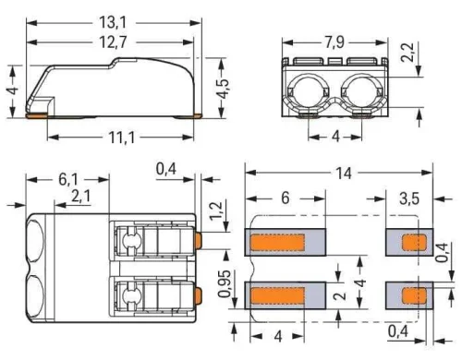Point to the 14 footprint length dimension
click(x=341, y=173)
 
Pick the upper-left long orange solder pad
click(x=277, y=243)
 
